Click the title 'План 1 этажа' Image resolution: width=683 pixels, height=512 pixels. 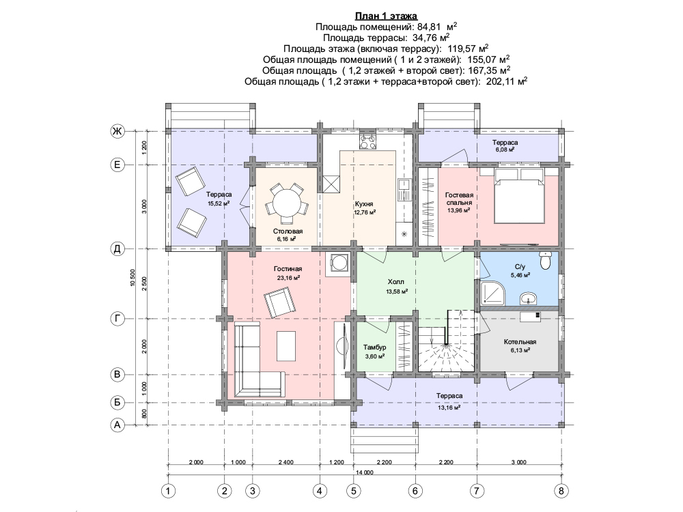pyautogui.click(x=386, y=16)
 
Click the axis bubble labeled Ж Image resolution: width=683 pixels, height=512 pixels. pyautogui.click(x=117, y=131)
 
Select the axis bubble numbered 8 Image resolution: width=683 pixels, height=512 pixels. pyautogui.click(x=561, y=491)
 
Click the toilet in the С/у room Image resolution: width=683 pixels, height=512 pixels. pyautogui.click(x=545, y=260)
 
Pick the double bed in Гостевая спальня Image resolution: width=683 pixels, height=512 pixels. pyautogui.click(x=519, y=196)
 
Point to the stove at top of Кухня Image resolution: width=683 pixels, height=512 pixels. pyautogui.click(x=368, y=141)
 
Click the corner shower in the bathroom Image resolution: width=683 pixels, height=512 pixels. pyautogui.click(x=492, y=292)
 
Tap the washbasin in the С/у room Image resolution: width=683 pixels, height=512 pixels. pyautogui.click(x=529, y=299)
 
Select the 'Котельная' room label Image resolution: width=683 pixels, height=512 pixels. pyautogui.click(x=520, y=342)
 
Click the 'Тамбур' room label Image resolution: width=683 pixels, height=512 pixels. pyautogui.click(x=374, y=347)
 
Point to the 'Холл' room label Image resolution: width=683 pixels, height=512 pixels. pyautogui.click(x=396, y=282)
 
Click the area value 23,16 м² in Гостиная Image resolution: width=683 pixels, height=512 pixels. pyautogui.click(x=288, y=278)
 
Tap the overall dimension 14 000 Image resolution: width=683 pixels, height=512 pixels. pyautogui.click(x=365, y=472)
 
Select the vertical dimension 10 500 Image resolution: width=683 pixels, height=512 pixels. pyautogui.click(x=133, y=277)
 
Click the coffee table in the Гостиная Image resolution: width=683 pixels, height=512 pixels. pyautogui.click(x=286, y=346)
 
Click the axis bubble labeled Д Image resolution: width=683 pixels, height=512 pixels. pyautogui.click(x=117, y=249)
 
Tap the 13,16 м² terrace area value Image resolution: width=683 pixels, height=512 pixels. pyautogui.click(x=449, y=408)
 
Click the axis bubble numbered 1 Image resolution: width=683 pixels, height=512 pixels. pyautogui.click(x=168, y=491)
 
